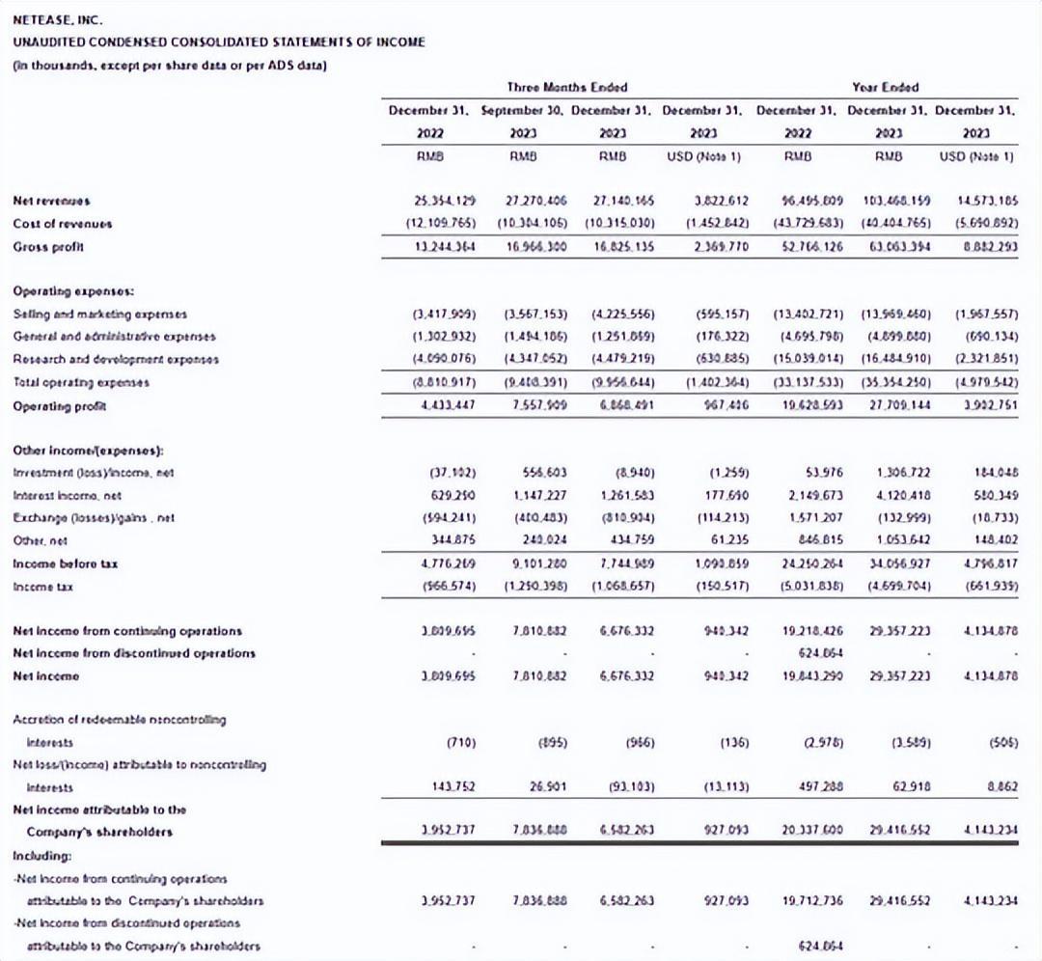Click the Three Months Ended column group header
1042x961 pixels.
567,87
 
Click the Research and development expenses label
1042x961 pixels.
116,359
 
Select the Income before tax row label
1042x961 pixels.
65,564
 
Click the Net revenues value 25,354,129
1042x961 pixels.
446,201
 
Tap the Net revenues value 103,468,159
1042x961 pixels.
884,201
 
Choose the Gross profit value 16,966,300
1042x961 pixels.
536,246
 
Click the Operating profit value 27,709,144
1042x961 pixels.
886,405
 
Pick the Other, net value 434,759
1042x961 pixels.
628,541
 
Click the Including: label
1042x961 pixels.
41,855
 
